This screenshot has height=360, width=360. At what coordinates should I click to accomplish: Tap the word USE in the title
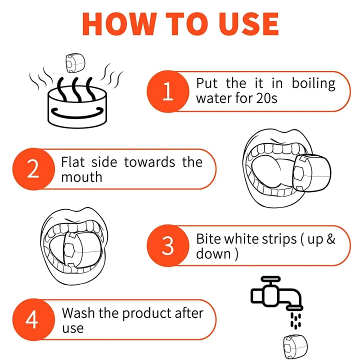pyautogui.click(x=249, y=24)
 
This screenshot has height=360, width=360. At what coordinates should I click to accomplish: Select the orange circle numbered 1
pyautogui.click(x=168, y=91)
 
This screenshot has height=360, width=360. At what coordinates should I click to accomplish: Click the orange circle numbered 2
pyautogui.click(x=33, y=169)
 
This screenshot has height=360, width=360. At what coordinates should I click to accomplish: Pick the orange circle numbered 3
pyautogui.click(x=168, y=245)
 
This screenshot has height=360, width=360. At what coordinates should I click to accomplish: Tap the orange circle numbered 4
pyautogui.click(x=33, y=319)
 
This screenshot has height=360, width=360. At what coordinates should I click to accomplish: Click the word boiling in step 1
pyautogui.click(x=313, y=84)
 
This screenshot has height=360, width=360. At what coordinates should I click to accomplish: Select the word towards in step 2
pyautogui.click(x=149, y=162)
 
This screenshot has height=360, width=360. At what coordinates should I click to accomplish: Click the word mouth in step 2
pyautogui.click(x=81, y=177)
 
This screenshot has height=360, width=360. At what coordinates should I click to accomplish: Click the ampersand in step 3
pyautogui.click(x=330, y=239)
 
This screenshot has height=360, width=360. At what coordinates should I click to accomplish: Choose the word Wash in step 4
pyautogui.click(x=78, y=313)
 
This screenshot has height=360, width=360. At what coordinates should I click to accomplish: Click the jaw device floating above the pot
pyautogui.click(x=75, y=62)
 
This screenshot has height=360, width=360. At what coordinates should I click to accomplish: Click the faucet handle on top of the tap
pyautogui.click(x=270, y=279)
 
